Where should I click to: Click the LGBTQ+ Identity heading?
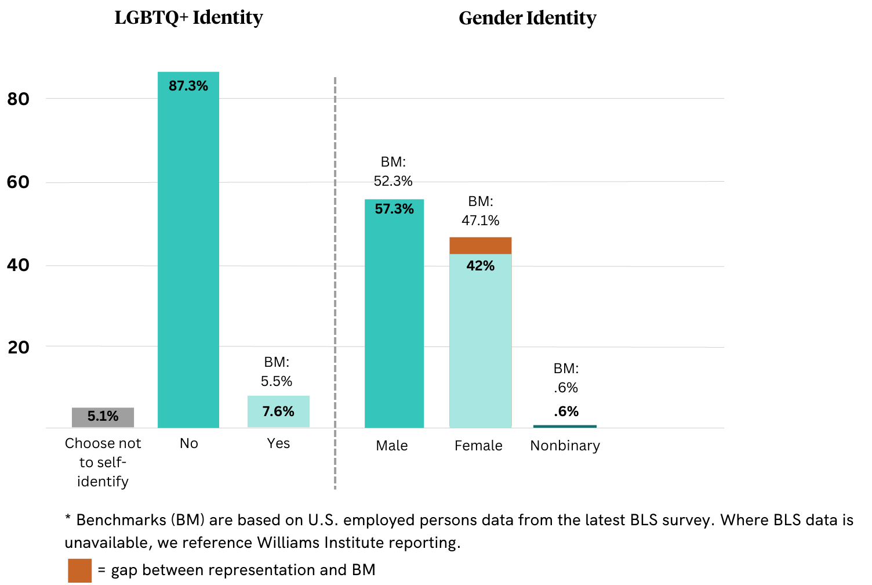[188, 17]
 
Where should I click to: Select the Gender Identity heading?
[527, 18]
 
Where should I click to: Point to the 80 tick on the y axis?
[19, 99]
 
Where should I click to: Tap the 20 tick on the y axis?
[19, 348]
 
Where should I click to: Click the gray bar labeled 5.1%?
[103, 417]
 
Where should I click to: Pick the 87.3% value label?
[188, 86]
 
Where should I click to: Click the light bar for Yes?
[278, 411]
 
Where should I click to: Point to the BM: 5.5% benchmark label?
[277, 371]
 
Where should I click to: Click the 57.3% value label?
[394, 209]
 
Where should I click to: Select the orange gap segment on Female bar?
[480, 245]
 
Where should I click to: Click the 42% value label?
[480, 266]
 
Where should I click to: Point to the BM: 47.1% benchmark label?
[480, 211]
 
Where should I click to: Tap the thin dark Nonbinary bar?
[565, 427]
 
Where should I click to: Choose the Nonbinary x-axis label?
[565, 446]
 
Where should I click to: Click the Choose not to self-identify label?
[103, 462]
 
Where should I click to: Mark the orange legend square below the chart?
[79, 570]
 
